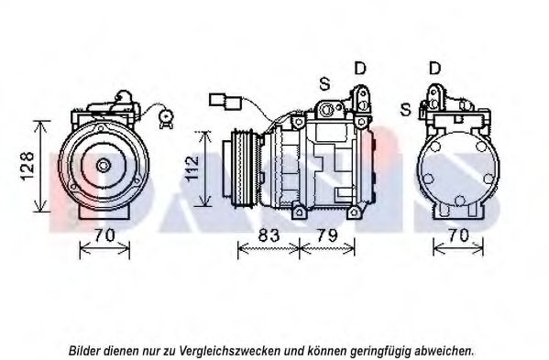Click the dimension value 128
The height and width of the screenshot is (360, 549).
[27, 166]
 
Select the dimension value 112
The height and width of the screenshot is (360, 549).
[192, 169]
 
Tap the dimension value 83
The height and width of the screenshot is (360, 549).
[269, 235]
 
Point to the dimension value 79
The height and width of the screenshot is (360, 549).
[326, 235]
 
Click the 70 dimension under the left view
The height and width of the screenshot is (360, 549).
[104, 235]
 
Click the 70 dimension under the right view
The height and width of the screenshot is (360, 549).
[458, 235]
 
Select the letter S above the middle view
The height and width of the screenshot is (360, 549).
[324, 83]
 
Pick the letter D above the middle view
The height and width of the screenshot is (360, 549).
[360, 68]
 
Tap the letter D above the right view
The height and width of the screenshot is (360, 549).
[434, 68]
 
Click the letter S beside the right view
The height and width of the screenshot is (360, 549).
[405, 110]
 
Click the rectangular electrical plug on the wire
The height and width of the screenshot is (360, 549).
[225, 101]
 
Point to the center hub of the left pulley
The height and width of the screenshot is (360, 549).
[104, 166]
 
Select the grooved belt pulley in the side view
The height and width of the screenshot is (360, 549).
[242, 169]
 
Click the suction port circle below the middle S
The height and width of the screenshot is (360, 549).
[327, 109]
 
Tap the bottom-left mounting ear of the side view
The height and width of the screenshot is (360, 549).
[298, 213]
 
